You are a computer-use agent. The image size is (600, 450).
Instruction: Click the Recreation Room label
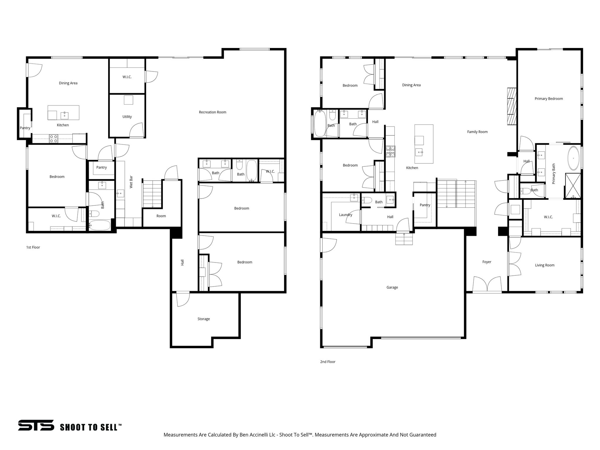pyautogui.click(x=212, y=112)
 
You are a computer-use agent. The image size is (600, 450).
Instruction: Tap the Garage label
pyautogui.click(x=392, y=287)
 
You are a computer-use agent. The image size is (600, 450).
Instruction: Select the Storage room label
pyautogui.click(x=204, y=319)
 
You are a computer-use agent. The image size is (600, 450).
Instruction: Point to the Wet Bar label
pyautogui.click(x=131, y=182)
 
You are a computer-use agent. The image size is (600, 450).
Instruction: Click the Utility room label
pyautogui.click(x=127, y=117)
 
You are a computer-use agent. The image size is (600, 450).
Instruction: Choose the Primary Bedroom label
pyautogui.click(x=549, y=99)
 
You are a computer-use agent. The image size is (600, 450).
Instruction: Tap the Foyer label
pyautogui.click(x=487, y=262)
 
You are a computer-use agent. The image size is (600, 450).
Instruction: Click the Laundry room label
pyautogui.click(x=345, y=215)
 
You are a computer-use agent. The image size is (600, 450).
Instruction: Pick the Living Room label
pyautogui.click(x=545, y=265)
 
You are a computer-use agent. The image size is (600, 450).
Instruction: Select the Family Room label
pyautogui.click(x=477, y=132)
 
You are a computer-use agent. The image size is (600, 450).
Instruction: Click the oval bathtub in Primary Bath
pyautogui.click(x=573, y=158)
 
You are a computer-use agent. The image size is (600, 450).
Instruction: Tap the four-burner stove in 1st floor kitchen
pyautogui.click(x=53, y=138)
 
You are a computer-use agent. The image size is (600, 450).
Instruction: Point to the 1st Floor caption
pyautogui.click(x=33, y=247)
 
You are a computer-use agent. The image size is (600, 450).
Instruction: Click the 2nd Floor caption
pyautogui.click(x=328, y=362)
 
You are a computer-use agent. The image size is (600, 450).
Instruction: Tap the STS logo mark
pyautogui.click(x=36, y=425)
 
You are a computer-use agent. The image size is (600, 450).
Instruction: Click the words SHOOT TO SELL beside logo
pyautogui.click(x=91, y=427)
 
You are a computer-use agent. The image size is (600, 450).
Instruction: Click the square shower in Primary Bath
pyautogui.click(x=572, y=186)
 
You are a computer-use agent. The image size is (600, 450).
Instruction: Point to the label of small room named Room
pyautogui.click(x=161, y=216)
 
